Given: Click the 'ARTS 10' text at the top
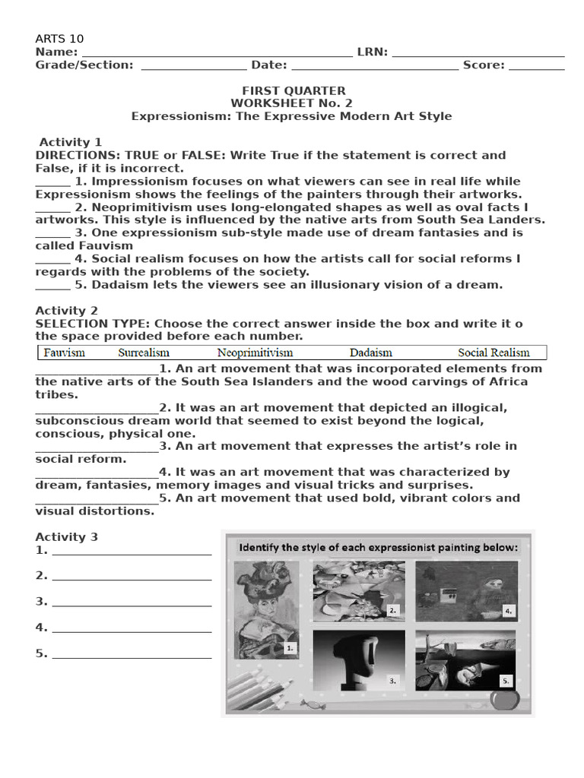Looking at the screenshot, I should tap(59, 39).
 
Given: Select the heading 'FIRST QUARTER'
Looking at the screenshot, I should tap(294, 90).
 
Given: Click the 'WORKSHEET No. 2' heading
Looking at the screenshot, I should tap(292, 103).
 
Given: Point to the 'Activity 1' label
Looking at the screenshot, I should tap(70, 142).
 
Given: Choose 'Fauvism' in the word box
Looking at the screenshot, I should tap(64, 353).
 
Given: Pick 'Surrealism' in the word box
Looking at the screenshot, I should tap(144, 353).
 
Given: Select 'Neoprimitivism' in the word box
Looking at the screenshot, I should tap(255, 353).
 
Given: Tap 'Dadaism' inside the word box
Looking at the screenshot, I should tap(371, 353).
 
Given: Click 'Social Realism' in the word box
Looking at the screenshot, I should tap(494, 353).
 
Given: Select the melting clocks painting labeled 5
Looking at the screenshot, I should tap(465, 659).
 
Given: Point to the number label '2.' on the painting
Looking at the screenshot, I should tap(392, 610).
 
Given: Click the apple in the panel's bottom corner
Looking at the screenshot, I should tap(503, 698).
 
